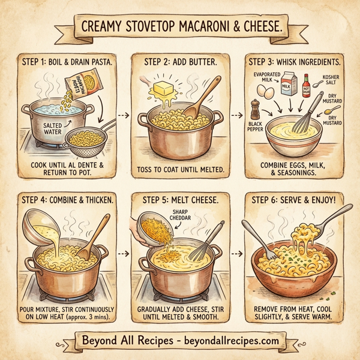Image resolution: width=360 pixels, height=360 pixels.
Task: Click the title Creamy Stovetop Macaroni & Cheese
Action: [x=180, y=28]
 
